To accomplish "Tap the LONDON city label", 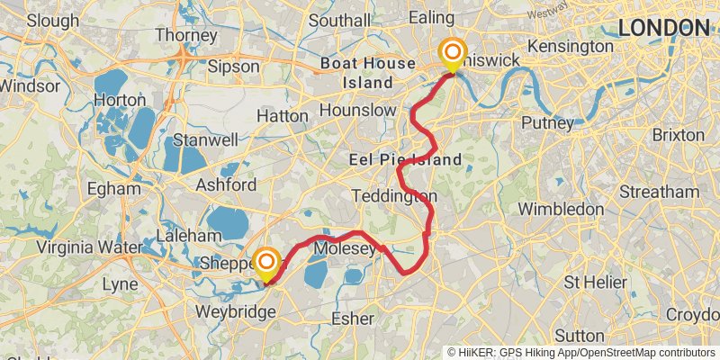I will pyautogui.click(x=664, y=28).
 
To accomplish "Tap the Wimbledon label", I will pyautogui.click(x=560, y=209).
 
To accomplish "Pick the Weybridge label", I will pyautogui.click(x=235, y=311).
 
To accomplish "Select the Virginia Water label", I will pyautogui.click(x=89, y=247).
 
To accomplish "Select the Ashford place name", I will pyautogui.click(x=226, y=184).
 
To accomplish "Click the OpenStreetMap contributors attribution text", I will pyautogui.click(x=645, y=352).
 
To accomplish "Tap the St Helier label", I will pyautogui.click(x=595, y=282).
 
